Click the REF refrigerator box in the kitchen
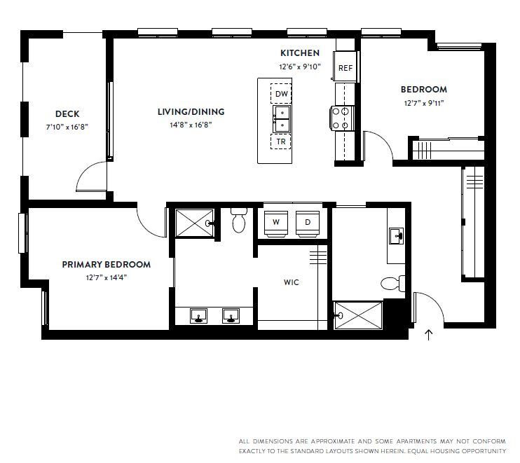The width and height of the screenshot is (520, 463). [345, 68]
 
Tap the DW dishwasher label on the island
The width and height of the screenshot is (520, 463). [281, 94]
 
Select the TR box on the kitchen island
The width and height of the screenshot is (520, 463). [281, 141]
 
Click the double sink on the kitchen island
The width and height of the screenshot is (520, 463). [281, 118]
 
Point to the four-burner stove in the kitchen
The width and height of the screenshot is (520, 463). [342, 118]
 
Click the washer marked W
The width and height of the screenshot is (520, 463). [276, 222]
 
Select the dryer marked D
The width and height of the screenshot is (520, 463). [307, 222]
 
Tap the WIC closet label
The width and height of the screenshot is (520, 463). [292, 283]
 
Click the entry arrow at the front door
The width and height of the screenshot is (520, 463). [429, 335]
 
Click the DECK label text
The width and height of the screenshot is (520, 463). [67, 114]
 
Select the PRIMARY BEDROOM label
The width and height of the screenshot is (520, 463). [106, 265]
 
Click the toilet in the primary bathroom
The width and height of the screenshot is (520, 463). [238, 220]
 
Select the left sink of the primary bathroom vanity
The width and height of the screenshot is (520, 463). [199, 316]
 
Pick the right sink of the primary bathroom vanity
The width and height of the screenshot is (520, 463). [230, 316]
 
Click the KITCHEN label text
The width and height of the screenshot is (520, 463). [300, 53]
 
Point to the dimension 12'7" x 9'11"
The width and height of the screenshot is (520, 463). [424, 102]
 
